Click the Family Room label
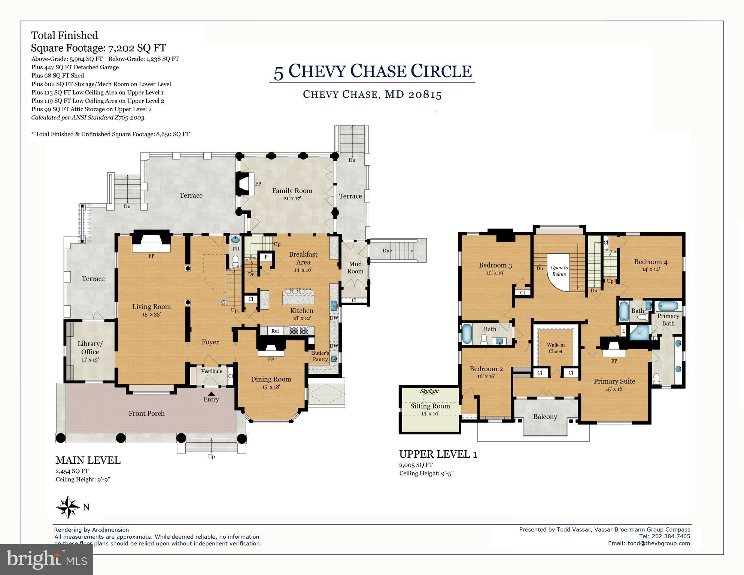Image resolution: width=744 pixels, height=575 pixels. (x=292, y=191)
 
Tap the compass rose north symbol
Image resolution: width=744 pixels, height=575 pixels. (x=68, y=507)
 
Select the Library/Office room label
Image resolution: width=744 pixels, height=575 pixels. (x=90, y=348)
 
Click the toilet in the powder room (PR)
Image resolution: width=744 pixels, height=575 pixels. (x=235, y=260)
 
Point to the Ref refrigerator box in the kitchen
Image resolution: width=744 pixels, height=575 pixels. (x=275, y=331)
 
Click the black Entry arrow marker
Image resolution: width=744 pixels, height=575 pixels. (x=211, y=393)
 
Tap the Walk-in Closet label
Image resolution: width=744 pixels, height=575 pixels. (x=556, y=348)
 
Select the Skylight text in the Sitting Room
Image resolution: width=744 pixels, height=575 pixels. (x=429, y=391)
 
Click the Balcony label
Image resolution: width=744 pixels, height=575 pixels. (x=545, y=417)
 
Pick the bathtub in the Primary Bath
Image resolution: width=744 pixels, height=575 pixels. (x=668, y=306)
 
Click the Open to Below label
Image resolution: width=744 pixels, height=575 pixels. (x=559, y=271)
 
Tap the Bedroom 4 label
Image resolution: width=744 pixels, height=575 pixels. (x=651, y=262)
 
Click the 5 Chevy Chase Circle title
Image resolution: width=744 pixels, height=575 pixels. (x=373, y=71)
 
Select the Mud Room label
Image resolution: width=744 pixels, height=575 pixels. (x=355, y=267)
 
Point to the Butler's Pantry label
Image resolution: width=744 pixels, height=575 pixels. (x=321, y=356)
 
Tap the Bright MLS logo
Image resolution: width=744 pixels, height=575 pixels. (x=47, y=559)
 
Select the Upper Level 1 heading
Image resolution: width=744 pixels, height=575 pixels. (x=438, y=454)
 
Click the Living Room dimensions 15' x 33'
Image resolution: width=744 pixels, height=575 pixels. (x=151, y=314)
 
